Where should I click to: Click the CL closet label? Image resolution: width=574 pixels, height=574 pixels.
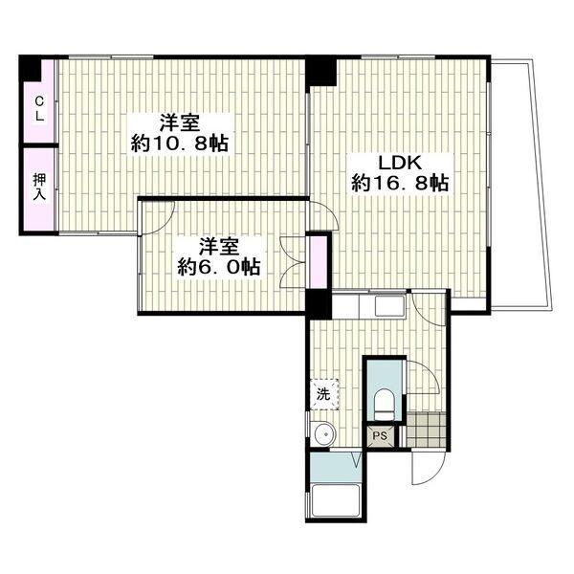[x=39, y=108]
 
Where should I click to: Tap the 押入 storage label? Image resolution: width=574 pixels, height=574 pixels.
[x=39, y=187]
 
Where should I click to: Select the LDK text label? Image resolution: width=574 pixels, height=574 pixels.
[x=400, y=164]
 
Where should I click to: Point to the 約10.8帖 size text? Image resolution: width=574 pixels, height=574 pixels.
[x=180, y=143]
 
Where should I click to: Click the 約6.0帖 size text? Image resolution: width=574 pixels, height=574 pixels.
[x=219, y=267]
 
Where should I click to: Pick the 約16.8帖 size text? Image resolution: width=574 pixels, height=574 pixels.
[x=400, y=183]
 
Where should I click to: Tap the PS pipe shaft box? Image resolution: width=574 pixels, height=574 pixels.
[x=380, y=435]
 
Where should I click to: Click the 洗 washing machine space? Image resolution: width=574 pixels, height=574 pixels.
[x=324, y=394]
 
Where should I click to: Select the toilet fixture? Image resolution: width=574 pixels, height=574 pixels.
[x=384, y=405]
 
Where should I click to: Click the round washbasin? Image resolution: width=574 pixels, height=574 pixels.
[x=324, y=434]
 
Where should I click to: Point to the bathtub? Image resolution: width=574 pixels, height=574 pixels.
[x=335, y=500]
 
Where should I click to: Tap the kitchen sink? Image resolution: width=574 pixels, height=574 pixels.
[x=390, y=306]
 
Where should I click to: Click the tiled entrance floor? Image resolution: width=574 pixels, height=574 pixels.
[x=426, y=430]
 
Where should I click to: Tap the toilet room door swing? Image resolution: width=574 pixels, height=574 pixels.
[x=428, y=371]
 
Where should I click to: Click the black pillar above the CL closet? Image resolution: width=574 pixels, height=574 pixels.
[x=31, y=69]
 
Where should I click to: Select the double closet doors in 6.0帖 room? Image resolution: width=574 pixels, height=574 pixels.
[x=293, y=262]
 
